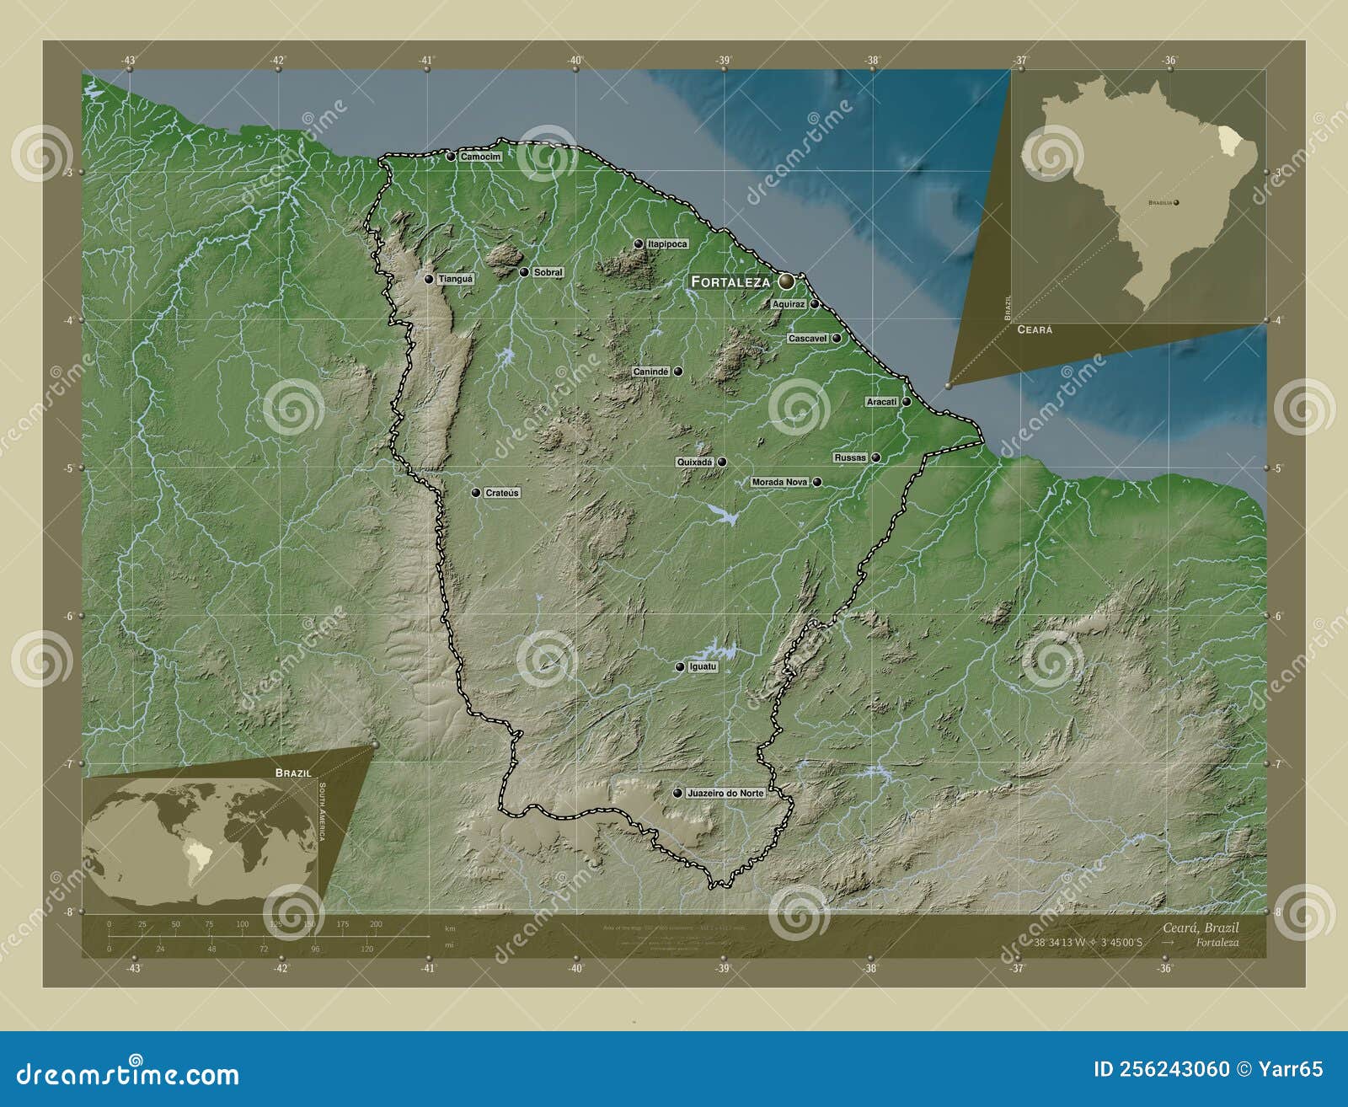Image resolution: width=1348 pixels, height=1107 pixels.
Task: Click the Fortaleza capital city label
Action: click(730, 281)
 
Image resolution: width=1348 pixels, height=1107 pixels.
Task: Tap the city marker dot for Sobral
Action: click(524, 272)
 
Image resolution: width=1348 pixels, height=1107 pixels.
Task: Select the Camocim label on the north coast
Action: click(480, 157)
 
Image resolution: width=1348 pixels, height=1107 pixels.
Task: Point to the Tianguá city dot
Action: click(429, 279)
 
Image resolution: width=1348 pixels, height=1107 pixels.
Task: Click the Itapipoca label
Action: click(667, 243)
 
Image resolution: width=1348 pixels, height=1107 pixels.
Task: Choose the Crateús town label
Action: click(502, 493)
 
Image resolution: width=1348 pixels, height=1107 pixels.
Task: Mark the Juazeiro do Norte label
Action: click(725, 794)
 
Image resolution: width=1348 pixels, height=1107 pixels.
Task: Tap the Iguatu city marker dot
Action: click(680, 667)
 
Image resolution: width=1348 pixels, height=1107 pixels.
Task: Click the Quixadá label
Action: click(695, 462)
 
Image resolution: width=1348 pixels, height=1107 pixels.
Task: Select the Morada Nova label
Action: click(779, 482)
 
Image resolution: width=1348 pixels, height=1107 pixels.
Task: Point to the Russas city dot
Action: click(876, 457)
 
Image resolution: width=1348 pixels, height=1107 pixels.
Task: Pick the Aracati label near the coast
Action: click(882, 402)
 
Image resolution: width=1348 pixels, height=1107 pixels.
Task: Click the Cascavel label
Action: click(807, 338)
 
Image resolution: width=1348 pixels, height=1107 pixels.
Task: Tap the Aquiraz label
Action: click(789, 304)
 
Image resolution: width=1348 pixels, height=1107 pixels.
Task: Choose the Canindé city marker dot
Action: click(677, 372)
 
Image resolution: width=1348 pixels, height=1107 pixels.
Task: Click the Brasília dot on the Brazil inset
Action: click(1177, 203)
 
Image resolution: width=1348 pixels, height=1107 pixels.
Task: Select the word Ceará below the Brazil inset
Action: click(1035, 329)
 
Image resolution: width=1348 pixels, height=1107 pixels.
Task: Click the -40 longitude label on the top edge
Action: click(575, 60)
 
